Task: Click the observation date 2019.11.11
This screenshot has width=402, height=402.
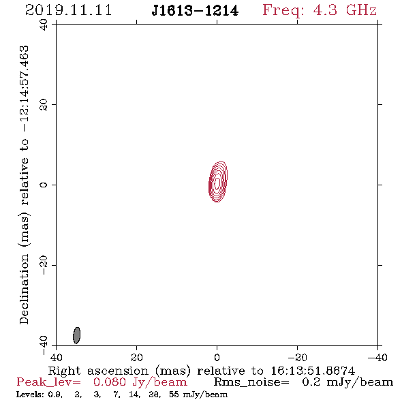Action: coord(68,10)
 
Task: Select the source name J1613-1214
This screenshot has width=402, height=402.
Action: coord(195,11)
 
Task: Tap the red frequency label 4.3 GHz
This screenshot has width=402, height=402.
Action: coord(345,10)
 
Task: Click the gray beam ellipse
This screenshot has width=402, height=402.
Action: coord(77,335)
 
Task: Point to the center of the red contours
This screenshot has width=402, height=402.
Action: coord(217,182)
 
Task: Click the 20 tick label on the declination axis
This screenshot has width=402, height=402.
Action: coord(44,105)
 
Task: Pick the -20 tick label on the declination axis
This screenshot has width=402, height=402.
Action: coord(44,265)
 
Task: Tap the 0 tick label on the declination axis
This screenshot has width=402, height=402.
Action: coord(44,185)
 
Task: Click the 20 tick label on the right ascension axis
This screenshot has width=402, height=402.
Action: coord(136,358)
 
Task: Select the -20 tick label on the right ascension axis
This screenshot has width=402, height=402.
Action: coord(297,358)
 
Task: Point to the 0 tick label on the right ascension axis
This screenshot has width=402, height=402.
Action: coord(217,358)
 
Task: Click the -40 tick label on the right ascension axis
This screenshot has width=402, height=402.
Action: coord(377,358)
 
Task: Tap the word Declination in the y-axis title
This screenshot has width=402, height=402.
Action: coord(24,289)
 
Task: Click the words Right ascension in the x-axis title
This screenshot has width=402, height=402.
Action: coord(98,371)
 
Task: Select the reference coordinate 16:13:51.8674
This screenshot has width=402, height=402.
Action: coord(313,371)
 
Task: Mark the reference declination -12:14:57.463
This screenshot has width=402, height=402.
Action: coord(24,89)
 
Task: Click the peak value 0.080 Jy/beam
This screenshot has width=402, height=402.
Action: coord(140,382)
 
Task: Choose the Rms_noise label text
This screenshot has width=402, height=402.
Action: coord(251,382)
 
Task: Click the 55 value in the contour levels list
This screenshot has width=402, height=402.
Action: coord(174,395)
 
